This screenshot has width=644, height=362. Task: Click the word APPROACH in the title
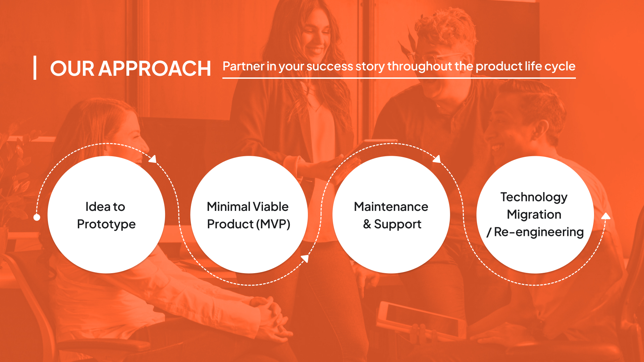[x=155, y=69]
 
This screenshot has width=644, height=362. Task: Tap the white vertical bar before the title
[x=35, y=68]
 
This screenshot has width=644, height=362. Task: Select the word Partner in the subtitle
[x=244, y=66]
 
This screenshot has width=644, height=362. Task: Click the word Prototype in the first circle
[x=106, y=225]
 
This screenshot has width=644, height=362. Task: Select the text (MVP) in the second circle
[x=273, y=224]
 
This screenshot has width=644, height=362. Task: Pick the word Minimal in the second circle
[x=228, y=206]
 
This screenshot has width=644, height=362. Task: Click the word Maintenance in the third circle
[x=391, y=206]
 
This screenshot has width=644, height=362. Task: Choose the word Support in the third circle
[x=397, y=225]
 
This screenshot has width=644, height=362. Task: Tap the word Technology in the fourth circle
[x=534, y=197]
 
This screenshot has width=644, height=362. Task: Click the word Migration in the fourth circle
[x=534, y=215]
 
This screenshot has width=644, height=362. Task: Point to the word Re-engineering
[x=539, y=232]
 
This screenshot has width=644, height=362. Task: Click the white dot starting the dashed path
[x=37, y=217]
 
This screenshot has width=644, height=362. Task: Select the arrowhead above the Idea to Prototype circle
[x=153, y=159]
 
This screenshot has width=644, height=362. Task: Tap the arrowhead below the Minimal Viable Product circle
[x=305, y=258]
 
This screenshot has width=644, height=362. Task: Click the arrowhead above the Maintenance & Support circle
[x=437, y=159]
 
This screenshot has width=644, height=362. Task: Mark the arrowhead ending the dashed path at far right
[x=606, y=216]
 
